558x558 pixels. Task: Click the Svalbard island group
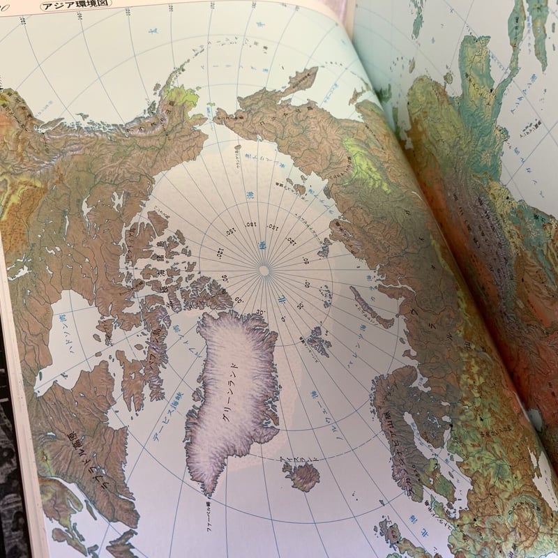coord(318,341)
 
